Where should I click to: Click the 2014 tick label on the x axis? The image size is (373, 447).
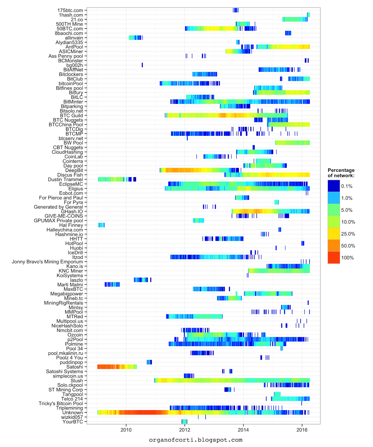[x=243, y=430]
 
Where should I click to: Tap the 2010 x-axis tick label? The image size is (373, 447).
[x=126, y=430]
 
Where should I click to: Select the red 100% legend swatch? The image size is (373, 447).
[x=334, y=258]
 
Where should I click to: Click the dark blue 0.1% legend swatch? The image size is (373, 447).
[x=334, y=186]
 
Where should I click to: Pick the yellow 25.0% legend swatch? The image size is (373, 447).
[x=334, y=234]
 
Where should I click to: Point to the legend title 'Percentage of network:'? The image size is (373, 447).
[x=341, y=173]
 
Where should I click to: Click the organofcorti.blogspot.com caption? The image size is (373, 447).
[x=196, y=440]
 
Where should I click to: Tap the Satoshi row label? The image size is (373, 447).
[x=75, y=367]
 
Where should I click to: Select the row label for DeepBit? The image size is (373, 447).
[x=74, y=170]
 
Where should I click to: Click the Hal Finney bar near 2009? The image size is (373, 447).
[x=101, y=225]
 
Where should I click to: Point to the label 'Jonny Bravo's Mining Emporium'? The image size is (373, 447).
[x=48, y=262]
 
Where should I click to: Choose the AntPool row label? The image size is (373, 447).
[x=74, y=47]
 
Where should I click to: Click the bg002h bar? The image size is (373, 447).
[x=142, y=65]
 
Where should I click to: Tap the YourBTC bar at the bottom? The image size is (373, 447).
[x=185, y=422]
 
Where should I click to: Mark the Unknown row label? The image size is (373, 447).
[x=73, y=413]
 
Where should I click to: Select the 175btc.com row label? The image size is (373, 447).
[x=70, y=10]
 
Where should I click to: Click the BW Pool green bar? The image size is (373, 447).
[x=292, y=143]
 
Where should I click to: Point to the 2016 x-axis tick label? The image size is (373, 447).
[x=302, y=430]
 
